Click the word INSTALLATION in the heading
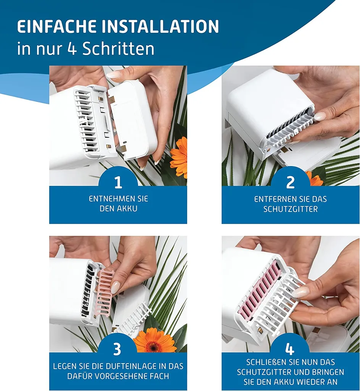(x=160, y=26)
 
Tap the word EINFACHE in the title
(x=57, y=26)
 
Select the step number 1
(x=118, y=182)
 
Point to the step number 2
(x=291, y=182)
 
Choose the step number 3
(x=117, y=349)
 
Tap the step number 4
(x=289, y=349)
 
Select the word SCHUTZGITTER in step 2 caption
(x=291, y=209)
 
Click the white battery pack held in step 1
(x=133, y=120)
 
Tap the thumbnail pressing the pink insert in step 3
(x=115, y=287)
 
